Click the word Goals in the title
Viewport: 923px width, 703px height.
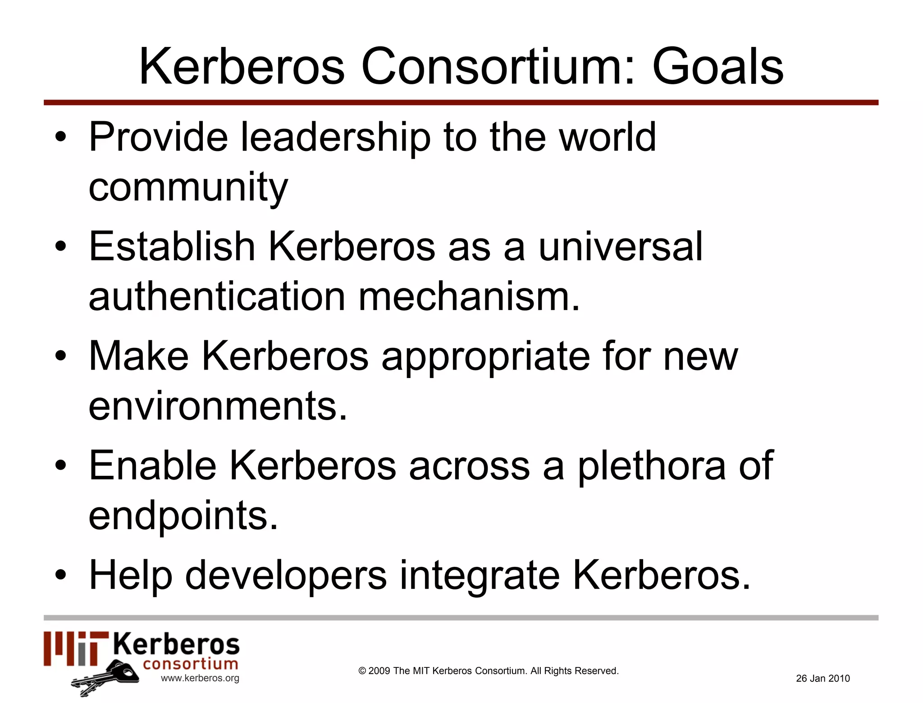point(717,67)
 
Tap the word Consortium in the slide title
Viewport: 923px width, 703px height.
point(498,67)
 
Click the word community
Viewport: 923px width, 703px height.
point(188,188)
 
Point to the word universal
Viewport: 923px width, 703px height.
point(620,247)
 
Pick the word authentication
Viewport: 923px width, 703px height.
point(217,297)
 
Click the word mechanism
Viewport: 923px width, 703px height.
point(469,297)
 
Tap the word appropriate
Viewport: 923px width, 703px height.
point(485,356)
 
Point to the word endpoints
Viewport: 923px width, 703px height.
point(183,516)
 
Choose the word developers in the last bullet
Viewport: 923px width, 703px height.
point(286,575)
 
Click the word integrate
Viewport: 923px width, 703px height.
point(480,575)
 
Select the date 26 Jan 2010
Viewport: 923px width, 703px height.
point(822,678)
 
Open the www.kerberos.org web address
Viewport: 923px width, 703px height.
point(200,678)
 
